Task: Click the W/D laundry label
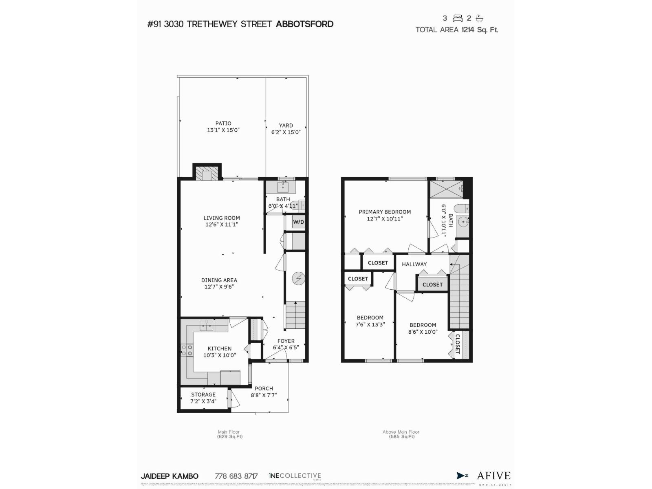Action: (x=298, y=222)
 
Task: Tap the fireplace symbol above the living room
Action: (x=207, y=174)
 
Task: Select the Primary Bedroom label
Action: (x=385, y=212)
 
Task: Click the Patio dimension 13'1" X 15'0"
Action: (x=223, y=130)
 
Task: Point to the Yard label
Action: (x=286, y=126)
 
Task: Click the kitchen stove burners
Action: (x=187, y=350)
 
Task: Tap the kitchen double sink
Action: (x=206, y=325)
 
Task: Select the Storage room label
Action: (x=203, y=394)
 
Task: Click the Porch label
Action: (x=264, y=388)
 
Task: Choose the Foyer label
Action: (x=286, y=341)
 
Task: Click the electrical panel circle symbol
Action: (x=298, y=279)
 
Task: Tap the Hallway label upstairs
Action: (x=414, y=264)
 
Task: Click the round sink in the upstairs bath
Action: (x=463, y=222)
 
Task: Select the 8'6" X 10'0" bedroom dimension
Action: (x=423, y=332)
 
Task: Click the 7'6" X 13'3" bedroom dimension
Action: (x=370, y=324)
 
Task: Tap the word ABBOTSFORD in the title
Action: (x=304, y=24)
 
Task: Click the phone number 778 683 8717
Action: (x=236, y=476)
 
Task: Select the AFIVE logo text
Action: (x=493, y=476)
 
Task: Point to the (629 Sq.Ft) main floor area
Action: (x=230, y=436)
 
